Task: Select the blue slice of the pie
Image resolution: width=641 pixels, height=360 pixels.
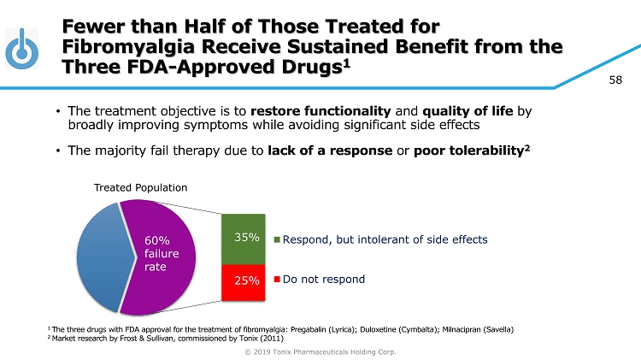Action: point(99,257)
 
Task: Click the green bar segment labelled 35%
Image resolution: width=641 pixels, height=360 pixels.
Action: point(248,239)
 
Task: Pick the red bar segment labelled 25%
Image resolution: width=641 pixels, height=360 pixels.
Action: point(248,281)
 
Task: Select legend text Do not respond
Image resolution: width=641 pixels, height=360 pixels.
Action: point(324,280)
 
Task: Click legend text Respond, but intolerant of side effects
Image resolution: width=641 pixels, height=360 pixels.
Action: point(385,239)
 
